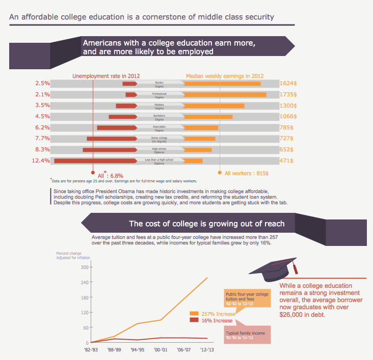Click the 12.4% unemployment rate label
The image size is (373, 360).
(x=41, y=161)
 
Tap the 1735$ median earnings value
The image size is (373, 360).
(x=288, y=94)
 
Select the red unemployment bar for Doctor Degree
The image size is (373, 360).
(x=129, y=84)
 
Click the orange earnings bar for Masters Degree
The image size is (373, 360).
(x=214, y=106)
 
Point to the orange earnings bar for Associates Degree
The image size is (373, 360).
(x=201, y=128)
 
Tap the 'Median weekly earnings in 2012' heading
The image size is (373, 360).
(x=225, y=76)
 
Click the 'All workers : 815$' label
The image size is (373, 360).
(x=247, y=173)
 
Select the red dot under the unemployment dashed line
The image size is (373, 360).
(x=93, y=172)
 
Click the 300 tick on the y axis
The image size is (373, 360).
(x=85, y=267)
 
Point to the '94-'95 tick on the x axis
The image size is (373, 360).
(x=138, y=350)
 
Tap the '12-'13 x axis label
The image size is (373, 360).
(x=207, y=350)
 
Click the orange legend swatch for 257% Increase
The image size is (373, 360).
(x=194, y=314)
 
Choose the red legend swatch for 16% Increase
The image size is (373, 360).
(x=194, y=320)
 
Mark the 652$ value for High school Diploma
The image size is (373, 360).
(x=287, y=150)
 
